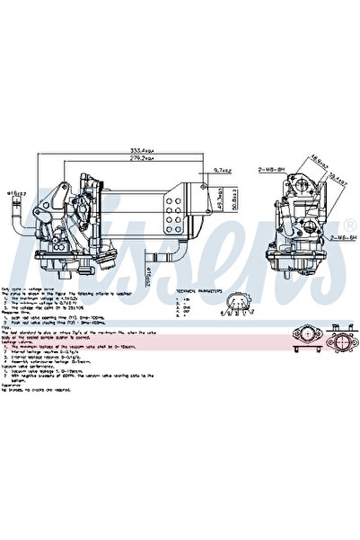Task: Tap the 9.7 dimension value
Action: point(224,169)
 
